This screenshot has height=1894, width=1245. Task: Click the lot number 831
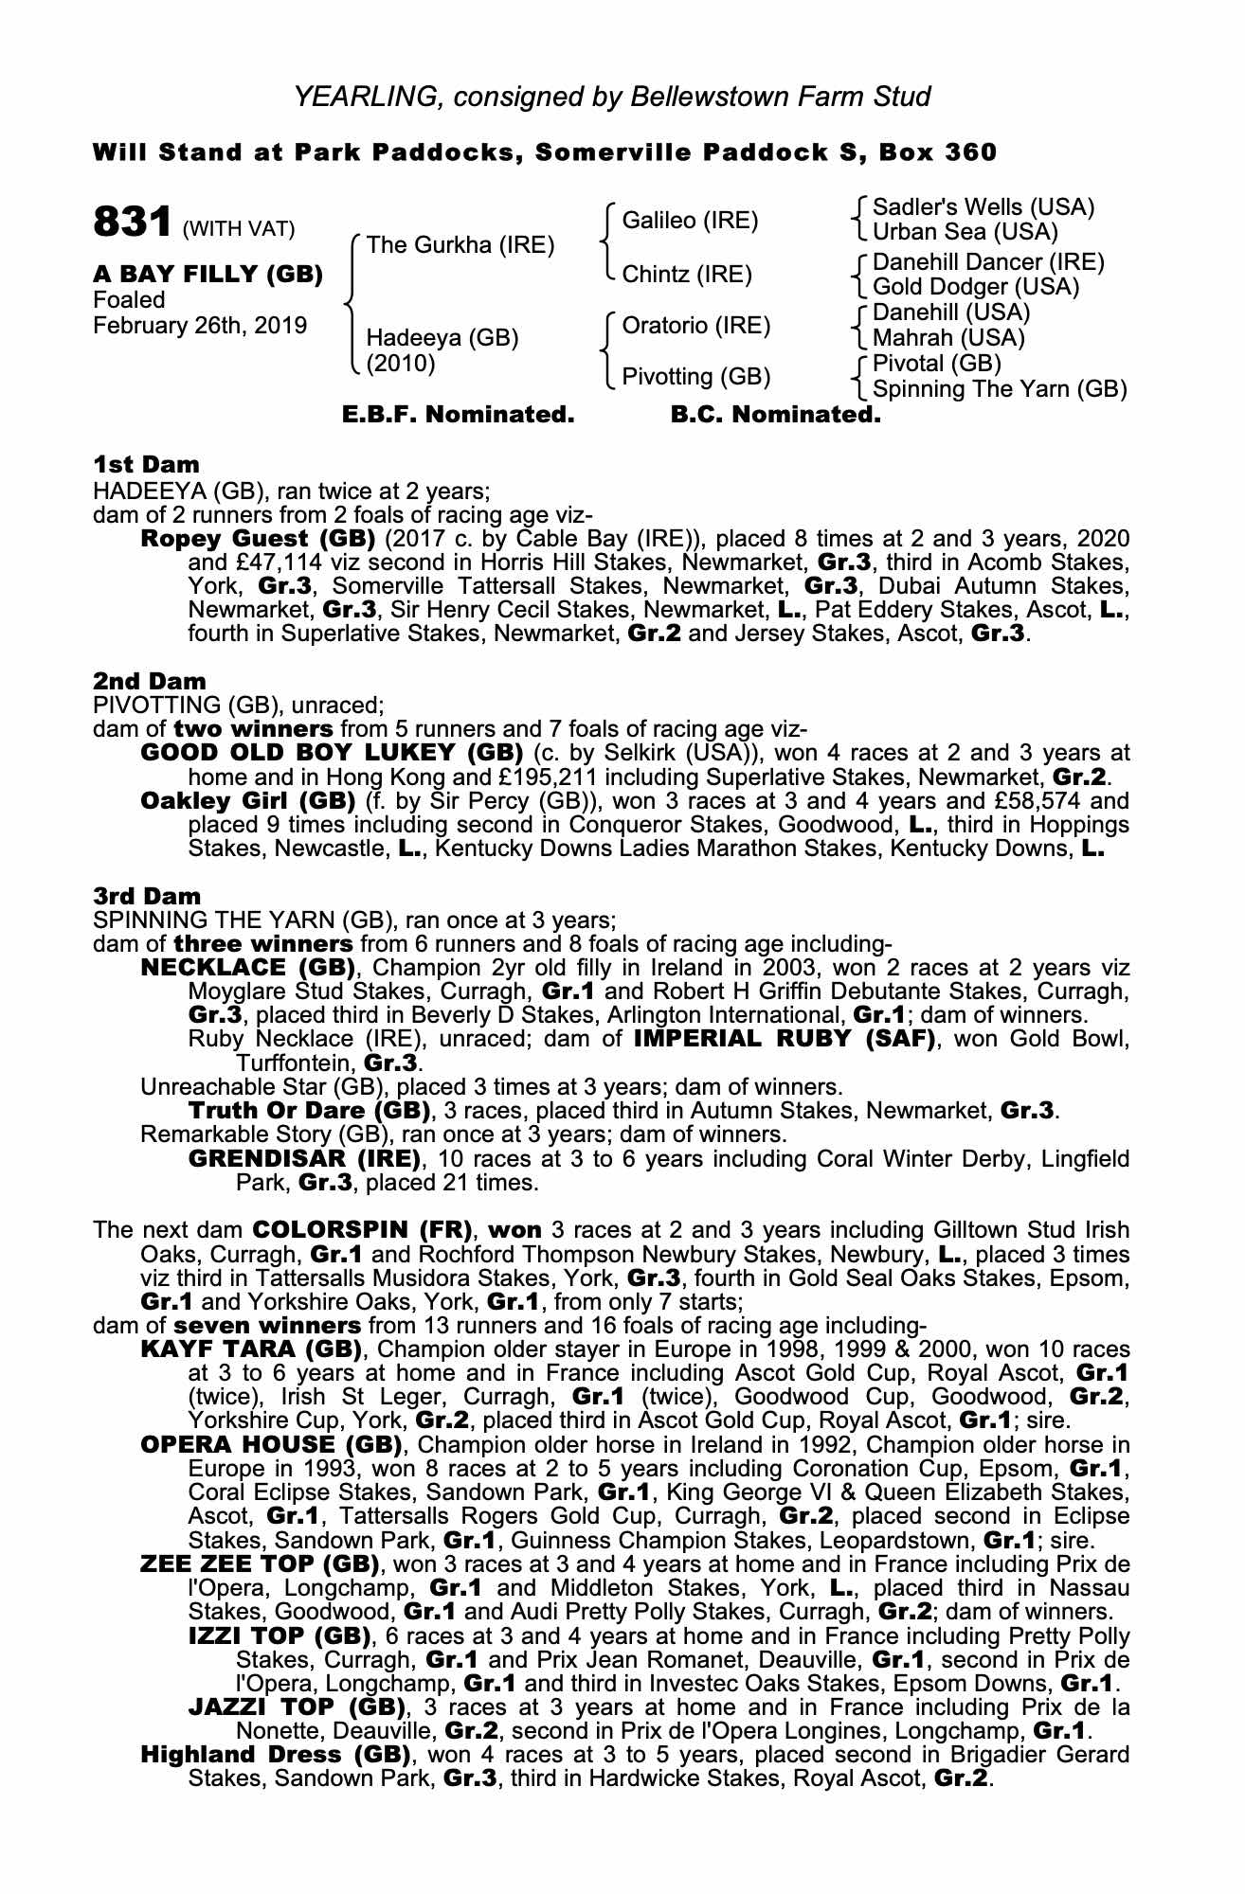tap(131, 223)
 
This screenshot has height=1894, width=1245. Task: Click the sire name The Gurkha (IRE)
tap(460, 244)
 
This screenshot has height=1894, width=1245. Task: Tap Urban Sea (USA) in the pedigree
tap(965, 231)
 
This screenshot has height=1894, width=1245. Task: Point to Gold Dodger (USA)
tap(976, 286)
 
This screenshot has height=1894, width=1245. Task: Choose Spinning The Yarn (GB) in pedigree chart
tap(1000, 388)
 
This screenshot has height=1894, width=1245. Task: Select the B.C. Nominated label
tap(775, 415)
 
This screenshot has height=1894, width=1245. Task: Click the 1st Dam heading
tap(147, 464)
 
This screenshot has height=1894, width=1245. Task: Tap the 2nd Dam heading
tap(150, 681)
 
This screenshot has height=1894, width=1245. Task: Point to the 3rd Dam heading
tap(147, 895)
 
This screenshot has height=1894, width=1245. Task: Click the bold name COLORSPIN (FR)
tap(362, 1230)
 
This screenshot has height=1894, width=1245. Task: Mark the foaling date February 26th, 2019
tap(200, 326)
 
